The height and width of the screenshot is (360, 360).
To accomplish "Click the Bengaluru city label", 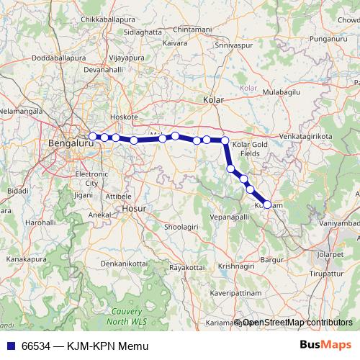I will coord(66,143).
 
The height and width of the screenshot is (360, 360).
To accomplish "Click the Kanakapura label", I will coord(27,257).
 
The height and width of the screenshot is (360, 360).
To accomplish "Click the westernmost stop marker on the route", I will coord(93,136).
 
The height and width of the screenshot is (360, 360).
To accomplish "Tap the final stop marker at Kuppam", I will coord(267,204).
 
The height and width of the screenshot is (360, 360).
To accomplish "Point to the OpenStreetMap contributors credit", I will coord(295,323).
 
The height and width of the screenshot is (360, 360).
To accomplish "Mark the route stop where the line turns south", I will coord(225,140).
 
